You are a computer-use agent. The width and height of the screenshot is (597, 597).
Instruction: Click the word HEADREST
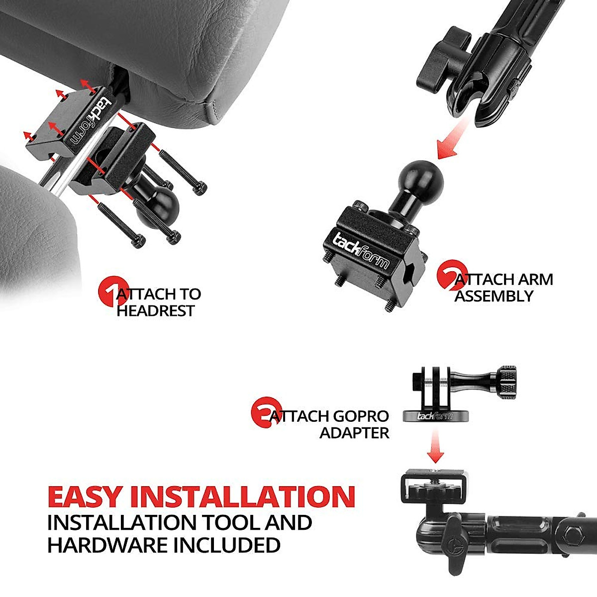pyautogui.click(x=155, y=311)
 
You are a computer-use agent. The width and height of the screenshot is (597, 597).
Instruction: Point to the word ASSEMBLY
pyautogui.click(x=494, y=297)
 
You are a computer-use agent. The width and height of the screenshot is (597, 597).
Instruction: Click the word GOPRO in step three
pyautogui.click(x=354, y=416)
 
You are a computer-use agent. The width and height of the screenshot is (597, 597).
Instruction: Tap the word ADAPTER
pyautogui.click(x=354, y=433)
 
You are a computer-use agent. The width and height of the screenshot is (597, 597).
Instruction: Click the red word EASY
pyautogui.click(x=85, y=496)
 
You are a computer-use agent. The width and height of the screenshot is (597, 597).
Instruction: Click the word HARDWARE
pyautogui.click(x=107, y=545)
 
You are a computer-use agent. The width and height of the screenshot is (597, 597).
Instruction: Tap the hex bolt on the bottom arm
pyautogui.click(x=575, y=535)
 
